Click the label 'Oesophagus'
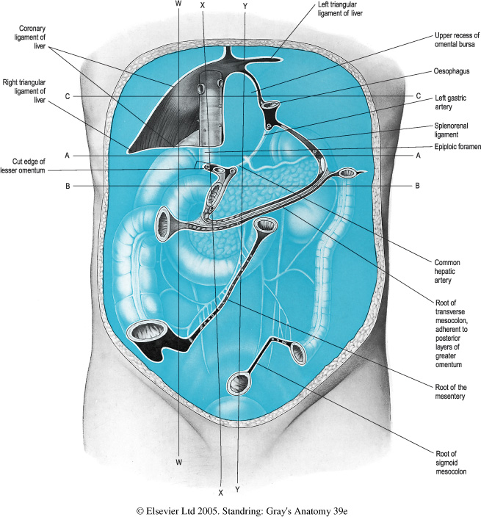point(451,71)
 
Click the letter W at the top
point(178,4)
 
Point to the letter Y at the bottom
point(237,488)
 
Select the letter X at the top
point(203,4)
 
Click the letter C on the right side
point(418,95)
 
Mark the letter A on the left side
point(67,155)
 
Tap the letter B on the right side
point(417,186)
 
